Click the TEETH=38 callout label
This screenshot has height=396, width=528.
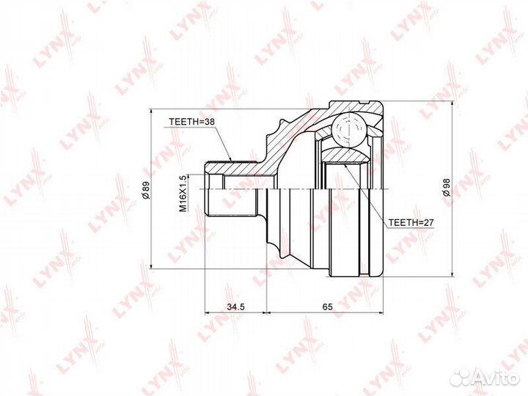click(x=191, y=122)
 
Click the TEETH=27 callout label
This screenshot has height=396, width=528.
click(x=411, y=223)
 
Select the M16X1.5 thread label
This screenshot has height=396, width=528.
click(x=183, y=194)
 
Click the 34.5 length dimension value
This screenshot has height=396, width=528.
click(x=235, y=307)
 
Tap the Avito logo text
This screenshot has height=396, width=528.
click(x=499, y=378)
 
